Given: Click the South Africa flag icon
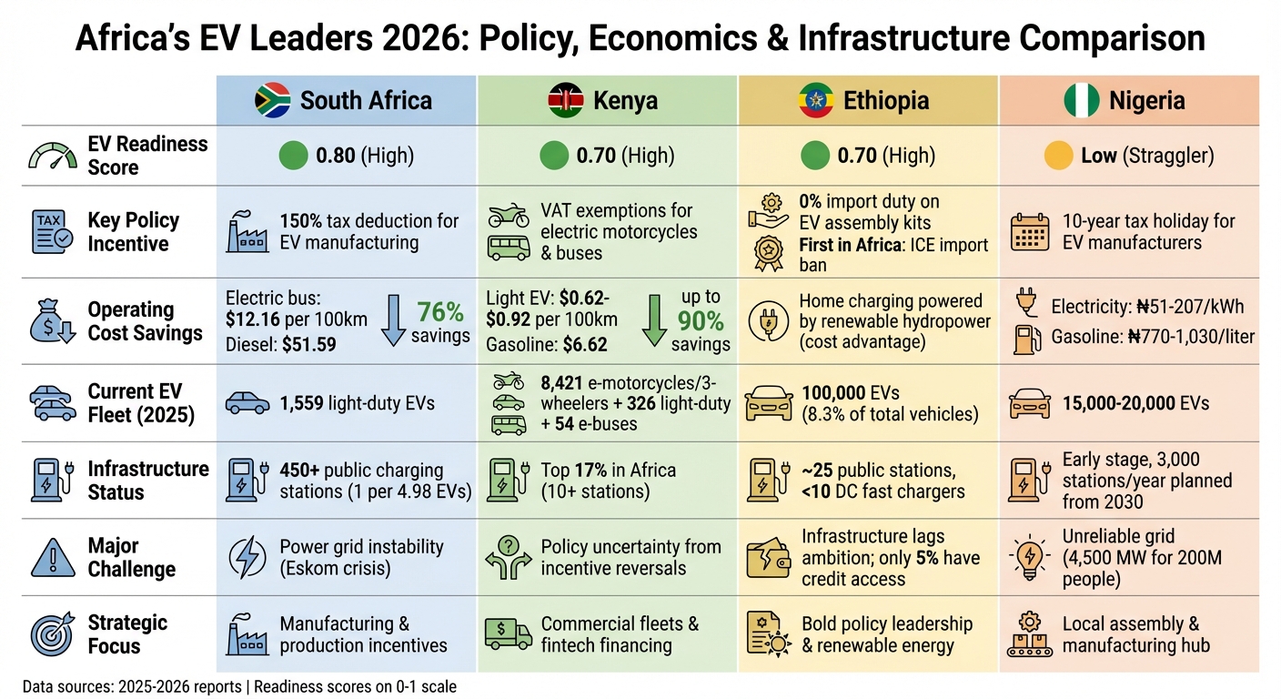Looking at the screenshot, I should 272,100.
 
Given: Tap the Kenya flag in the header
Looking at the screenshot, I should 566,100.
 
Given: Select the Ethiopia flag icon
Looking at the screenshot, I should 815,100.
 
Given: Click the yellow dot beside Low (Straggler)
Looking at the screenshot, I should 1058,156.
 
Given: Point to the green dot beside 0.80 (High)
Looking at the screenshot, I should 293,156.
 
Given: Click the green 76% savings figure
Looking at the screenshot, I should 441,312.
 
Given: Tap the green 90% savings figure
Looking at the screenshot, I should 701,320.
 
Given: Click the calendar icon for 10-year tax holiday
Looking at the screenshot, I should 1031,232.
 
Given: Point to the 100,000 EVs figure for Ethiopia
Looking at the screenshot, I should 837,393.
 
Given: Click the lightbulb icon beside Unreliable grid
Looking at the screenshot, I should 1031,557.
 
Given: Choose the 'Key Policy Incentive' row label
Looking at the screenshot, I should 133,232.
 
